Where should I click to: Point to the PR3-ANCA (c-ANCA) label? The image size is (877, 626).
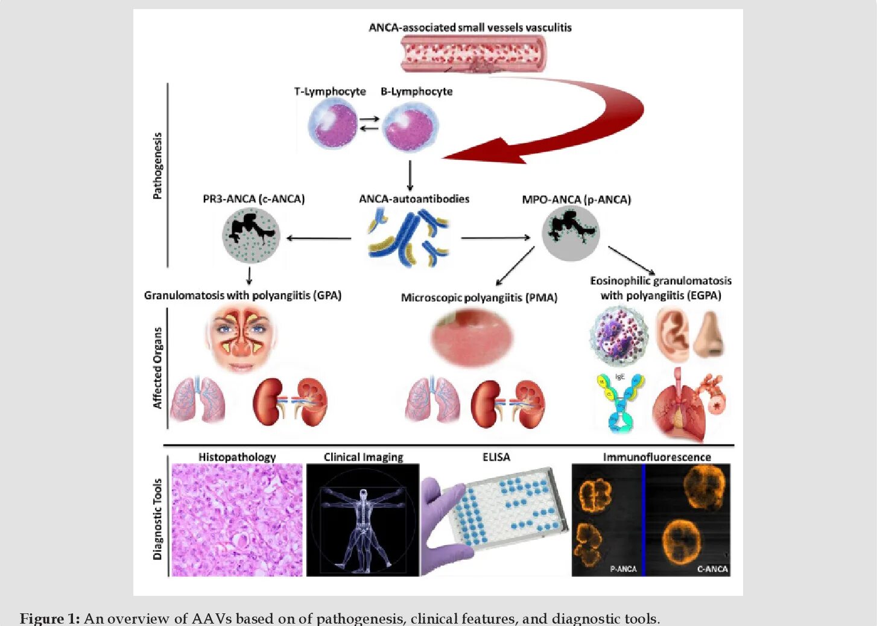(253, 199)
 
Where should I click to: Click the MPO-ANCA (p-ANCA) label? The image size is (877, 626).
(576, 200)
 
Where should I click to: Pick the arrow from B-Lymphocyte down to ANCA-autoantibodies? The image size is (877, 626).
(410, 175)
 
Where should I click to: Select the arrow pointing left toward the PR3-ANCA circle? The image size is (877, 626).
(318, 238)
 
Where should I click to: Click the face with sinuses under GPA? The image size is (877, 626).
(242, 338)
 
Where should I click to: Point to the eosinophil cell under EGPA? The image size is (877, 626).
(618, 335)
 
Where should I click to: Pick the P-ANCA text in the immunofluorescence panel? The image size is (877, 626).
(623, 569)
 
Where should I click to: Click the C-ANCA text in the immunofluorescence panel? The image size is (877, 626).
(712, 569)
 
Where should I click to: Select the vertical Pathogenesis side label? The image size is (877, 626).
(157, 166)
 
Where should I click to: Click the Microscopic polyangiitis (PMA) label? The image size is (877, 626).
(479, 298)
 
